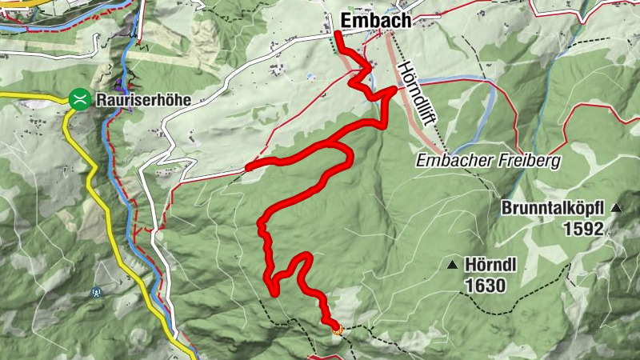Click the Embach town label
[x=376, y=21]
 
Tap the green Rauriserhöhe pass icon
[x=79, y=99]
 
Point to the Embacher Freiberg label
[x=489, y=161]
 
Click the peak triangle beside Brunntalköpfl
[x=616, y=208]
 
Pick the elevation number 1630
[x=485, y=284]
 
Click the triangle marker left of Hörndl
[x=453, y=265]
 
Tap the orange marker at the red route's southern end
[x=336, y=326]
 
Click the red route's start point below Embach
[x=338, y=34]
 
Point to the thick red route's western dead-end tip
[x=250, y=167]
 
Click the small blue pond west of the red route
[x=310, y=76]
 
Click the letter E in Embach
[x=347, y=21]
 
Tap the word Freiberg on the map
[x=533, y=161]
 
